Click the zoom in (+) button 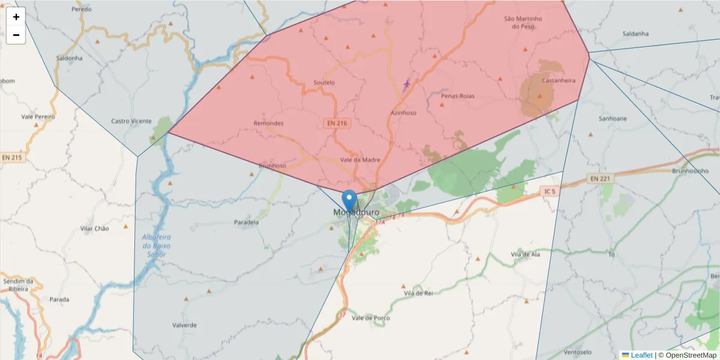tap(16, 17)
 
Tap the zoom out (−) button tap(16, 35)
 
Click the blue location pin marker tap(349, 200)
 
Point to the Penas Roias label tap(457, 96)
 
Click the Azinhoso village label tap(403, 112)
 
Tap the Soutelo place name tap(324, 83)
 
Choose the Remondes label tap(268, 124)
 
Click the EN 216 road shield tap(337, 123)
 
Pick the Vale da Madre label tap(360, 160)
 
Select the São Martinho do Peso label tap(523, 23)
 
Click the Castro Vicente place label tap(131, 121)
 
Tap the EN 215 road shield tap(11, 158)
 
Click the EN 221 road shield tap(599, 178)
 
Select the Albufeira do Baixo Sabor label tap(157, 245)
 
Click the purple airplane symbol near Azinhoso tap(407, 83)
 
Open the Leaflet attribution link tap(641, 355)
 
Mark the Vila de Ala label tap(526, 254)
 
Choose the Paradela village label tap(246, 222)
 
